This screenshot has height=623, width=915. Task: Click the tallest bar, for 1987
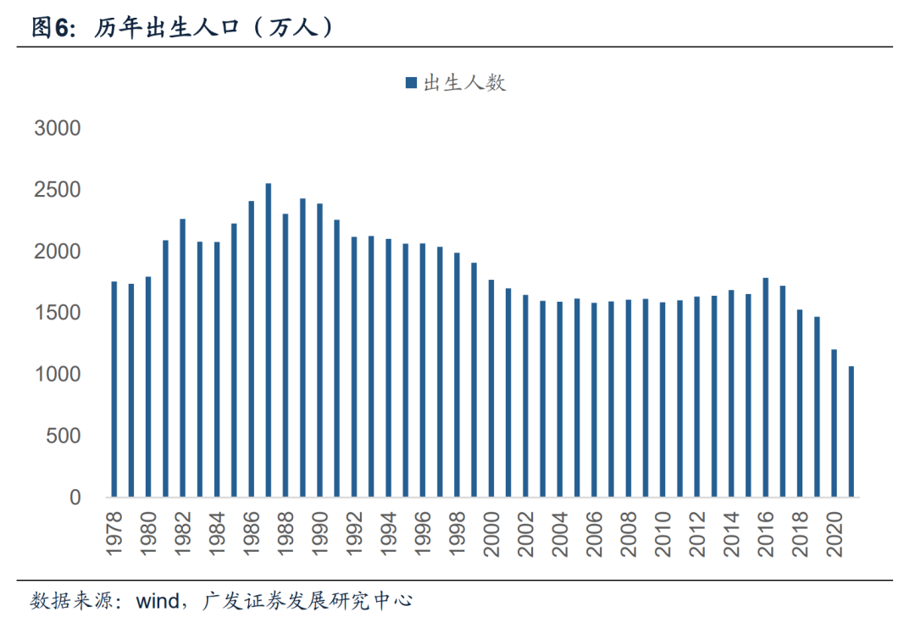(x=268, y=340)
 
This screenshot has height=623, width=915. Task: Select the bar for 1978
(x=114, y=389)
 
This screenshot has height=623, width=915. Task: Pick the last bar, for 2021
(x=851, y=431)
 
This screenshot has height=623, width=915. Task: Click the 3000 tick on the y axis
(x=57, y=129)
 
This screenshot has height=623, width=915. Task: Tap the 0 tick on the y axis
(x=75, y=498)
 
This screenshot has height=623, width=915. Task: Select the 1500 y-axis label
(x=57, y=314)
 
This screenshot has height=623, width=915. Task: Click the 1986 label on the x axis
(x=252, y=532)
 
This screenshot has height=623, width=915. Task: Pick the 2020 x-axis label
(x=835, y=532)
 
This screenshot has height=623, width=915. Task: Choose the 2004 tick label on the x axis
(x=560, y=532)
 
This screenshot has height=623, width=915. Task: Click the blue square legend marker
(x=411, y=82)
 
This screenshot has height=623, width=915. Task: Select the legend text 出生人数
(x=464, y=82)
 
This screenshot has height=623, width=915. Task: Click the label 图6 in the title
(x=50, y=27)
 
